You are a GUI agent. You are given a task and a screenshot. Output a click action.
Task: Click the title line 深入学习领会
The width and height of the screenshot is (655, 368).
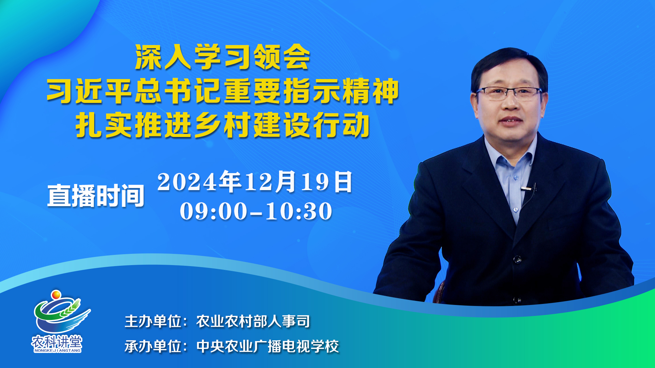tap(222, 57)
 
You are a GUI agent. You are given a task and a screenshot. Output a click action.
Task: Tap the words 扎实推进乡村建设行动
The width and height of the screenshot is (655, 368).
tap(223, 125)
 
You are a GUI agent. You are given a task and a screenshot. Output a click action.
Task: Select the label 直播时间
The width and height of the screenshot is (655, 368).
tap(96, 196)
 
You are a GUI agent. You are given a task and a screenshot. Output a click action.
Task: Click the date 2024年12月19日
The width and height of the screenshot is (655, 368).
tap(255, 182)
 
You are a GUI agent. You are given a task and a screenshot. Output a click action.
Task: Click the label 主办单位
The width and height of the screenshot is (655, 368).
tap(153, 321)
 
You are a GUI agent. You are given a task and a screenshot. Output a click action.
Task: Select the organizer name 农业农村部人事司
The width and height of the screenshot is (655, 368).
tap(253, 321)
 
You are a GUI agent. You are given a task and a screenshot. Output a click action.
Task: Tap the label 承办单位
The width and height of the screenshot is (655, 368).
tap(153, 347)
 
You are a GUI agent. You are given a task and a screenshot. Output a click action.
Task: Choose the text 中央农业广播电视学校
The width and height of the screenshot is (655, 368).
tap(267, 347)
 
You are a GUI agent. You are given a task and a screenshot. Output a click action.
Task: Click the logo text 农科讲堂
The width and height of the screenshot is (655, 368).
tap(57, 342)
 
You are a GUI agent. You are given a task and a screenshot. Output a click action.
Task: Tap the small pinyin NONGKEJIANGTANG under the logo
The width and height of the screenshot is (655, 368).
tap(57, 350)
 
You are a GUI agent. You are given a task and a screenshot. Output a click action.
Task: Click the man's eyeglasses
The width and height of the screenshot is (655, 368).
tap(509, 93)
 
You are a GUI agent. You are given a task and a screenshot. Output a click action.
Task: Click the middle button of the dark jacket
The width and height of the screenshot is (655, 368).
tap(517, 260)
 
